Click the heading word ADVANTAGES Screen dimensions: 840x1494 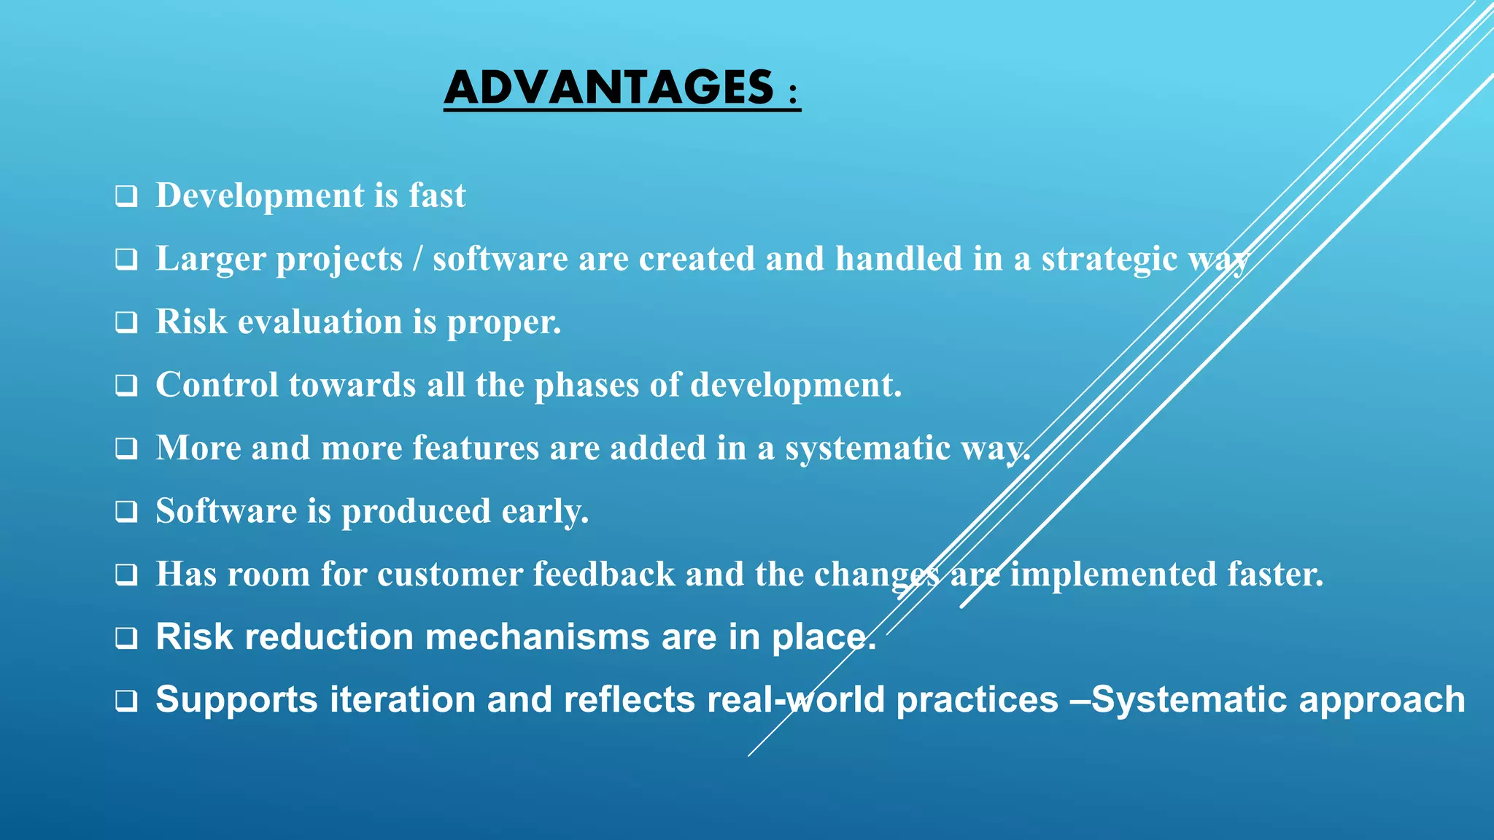coord(609,87)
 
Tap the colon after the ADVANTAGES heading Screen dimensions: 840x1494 coord(793,93)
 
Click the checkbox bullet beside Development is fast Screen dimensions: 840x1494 coord(126,197)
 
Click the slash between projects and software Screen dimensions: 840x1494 coord(417,259)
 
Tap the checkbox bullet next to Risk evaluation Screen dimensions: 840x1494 coord(126,322)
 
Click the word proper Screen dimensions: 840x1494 coord(503,323)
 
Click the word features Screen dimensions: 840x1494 coord(476,448)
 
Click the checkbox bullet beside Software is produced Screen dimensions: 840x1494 coord(126,512)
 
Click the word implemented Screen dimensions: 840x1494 coord(1112,575)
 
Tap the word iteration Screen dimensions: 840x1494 coord(403,700)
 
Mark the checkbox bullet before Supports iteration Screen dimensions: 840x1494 coord(126,701)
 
